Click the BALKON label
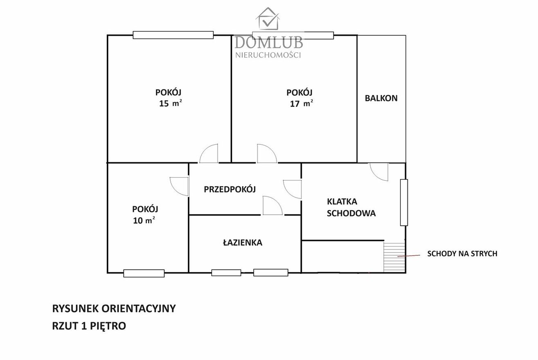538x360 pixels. pyautogui.click(x=381, y=98)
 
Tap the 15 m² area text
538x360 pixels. pyautogui.click(x=171, y=103)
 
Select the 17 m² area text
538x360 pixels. pyautogui.click(x=302, y=103)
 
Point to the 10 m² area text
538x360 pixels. pyautogui.click(x=144, y=220)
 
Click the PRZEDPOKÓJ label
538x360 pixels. pyautogui.click(x=230, y=189)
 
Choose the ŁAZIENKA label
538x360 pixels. pyautogui.click(x=243, y=243)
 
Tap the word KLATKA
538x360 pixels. pyautogui.click(x=342, y=202)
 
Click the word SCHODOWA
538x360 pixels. pyautogui.click(x=351, y=213)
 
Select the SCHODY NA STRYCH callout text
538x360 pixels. pyautogui.click(x=462, y=254)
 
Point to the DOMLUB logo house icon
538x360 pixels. pyautogui.click(x=268, y=19)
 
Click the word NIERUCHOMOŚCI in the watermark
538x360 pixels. pyautogui.click(x=268, y=55)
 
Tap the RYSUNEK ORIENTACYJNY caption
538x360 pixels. pyautogui.click(x=114, y=308)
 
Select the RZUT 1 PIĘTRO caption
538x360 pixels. pyautogui.click(x=89, y=326)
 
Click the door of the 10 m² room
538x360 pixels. pyautogui.click(x=180, y=187)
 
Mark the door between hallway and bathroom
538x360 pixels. pyautogui.click(x=272, y=206)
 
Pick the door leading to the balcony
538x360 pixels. pyautogui.click(x=379, y=172)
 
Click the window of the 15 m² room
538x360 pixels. pyautogui.click(x=173, y=35)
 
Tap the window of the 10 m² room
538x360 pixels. pyautogui.click(x=144, y=273)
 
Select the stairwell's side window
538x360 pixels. pyautogui.click(x=404, y=202)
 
